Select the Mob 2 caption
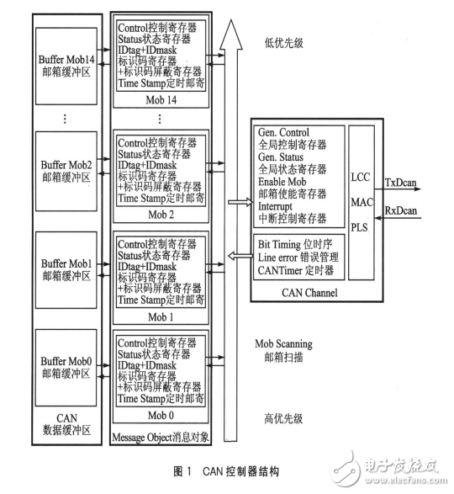(159, 215)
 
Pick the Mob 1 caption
(159, 316)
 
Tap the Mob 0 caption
(159, 414)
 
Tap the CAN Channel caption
(310, 292)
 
